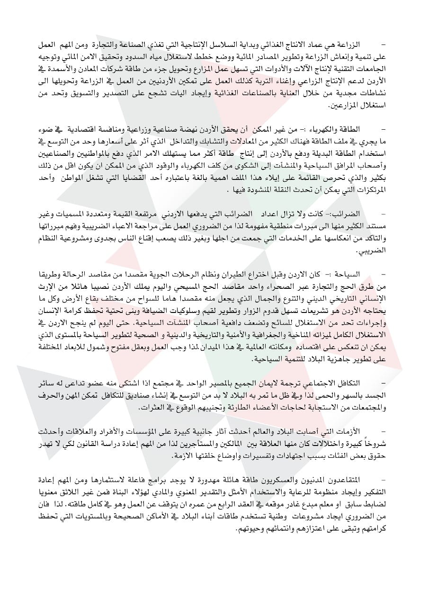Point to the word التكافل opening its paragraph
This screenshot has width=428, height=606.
[361, 382]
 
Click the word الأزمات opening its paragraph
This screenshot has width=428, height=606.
[361, 431]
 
